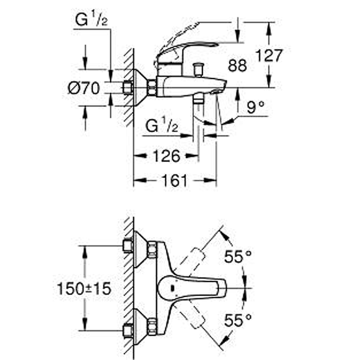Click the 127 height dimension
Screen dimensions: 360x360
[x=269, y=55]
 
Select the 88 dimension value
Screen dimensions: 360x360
[x=238, y=65]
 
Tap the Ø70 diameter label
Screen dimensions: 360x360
[x=84, y=88]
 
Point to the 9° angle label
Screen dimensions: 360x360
[x=256, y=107]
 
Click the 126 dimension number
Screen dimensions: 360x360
[x=166, y=156]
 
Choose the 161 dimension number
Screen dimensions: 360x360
[x=175, y=180]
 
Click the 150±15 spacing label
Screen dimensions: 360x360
[x=84, y=288]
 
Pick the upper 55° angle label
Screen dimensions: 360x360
[x=238, y=256]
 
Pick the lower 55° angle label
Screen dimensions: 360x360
[x=238, y=320]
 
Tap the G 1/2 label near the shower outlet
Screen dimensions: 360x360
[x=162, y=125]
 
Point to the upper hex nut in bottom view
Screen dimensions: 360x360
[x=152, y=249]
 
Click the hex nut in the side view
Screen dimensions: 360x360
[x=152, y=87]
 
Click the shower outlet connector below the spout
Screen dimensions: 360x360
[x=198, y=100]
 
